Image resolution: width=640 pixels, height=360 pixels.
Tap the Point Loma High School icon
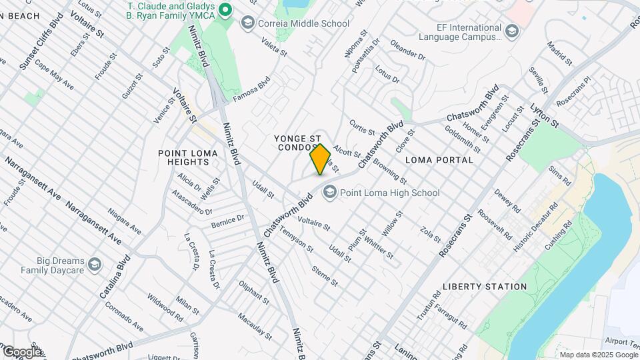pos(329,193)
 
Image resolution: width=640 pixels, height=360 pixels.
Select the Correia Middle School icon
pos(248,23)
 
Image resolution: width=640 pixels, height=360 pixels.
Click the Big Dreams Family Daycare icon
pos(95,265)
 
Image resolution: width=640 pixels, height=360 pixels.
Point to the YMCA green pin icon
pos(225,9)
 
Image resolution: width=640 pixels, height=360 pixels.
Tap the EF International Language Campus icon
pos(511,32)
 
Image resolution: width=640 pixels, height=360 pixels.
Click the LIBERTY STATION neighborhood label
pos(485,287)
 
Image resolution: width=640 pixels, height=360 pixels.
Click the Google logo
pos(21,351)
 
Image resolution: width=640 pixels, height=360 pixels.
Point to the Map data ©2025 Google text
pos(599,354)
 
